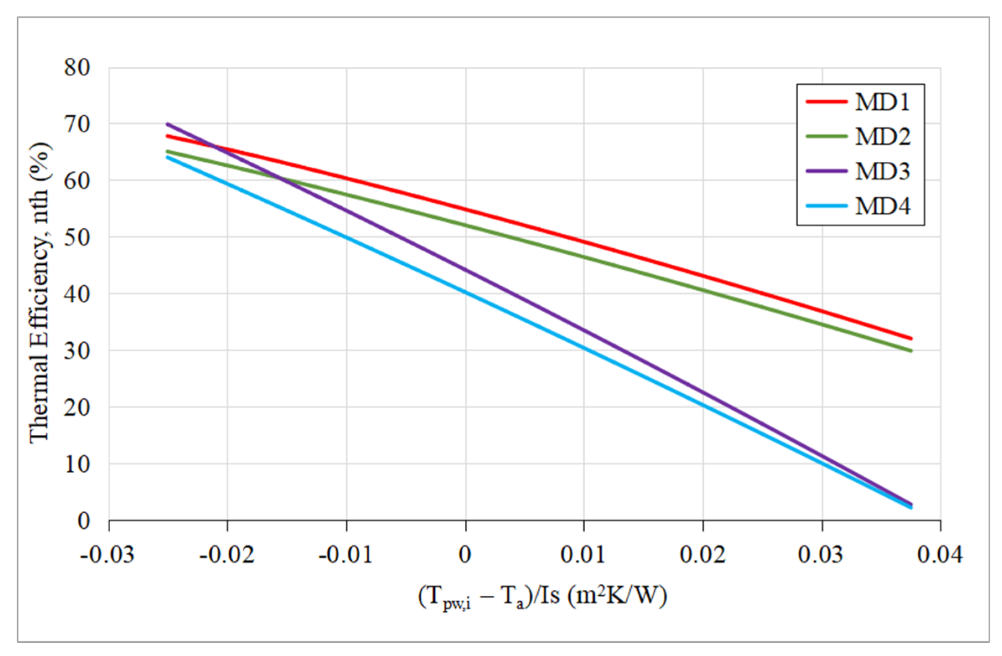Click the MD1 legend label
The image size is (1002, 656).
(x=883, y=102)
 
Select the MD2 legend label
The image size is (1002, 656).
(x=883, y=137)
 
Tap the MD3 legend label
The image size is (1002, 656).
(x=883, y=172)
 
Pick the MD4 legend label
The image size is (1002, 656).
(x=883, y=207)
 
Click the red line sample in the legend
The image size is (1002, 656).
(x=826, y=101)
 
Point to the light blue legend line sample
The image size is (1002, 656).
(x=826, y=206)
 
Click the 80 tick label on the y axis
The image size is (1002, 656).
(x=78, y=67)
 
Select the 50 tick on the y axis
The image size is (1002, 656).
(x=78, y=238)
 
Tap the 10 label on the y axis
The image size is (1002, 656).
(x=78, y=464)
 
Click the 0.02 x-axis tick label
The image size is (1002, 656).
(x=703, y=555)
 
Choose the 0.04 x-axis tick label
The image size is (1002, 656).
(x=940, y=555)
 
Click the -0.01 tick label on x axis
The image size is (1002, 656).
(x=345, y=555)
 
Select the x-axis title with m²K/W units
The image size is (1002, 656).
(x=543, y=597)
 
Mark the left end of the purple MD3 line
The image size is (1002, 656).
(x=168, y=124)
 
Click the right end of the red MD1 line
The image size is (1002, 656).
(x=911, y=338)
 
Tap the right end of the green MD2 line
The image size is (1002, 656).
(x=911, y=351)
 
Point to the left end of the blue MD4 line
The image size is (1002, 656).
(x=168, y=157)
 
